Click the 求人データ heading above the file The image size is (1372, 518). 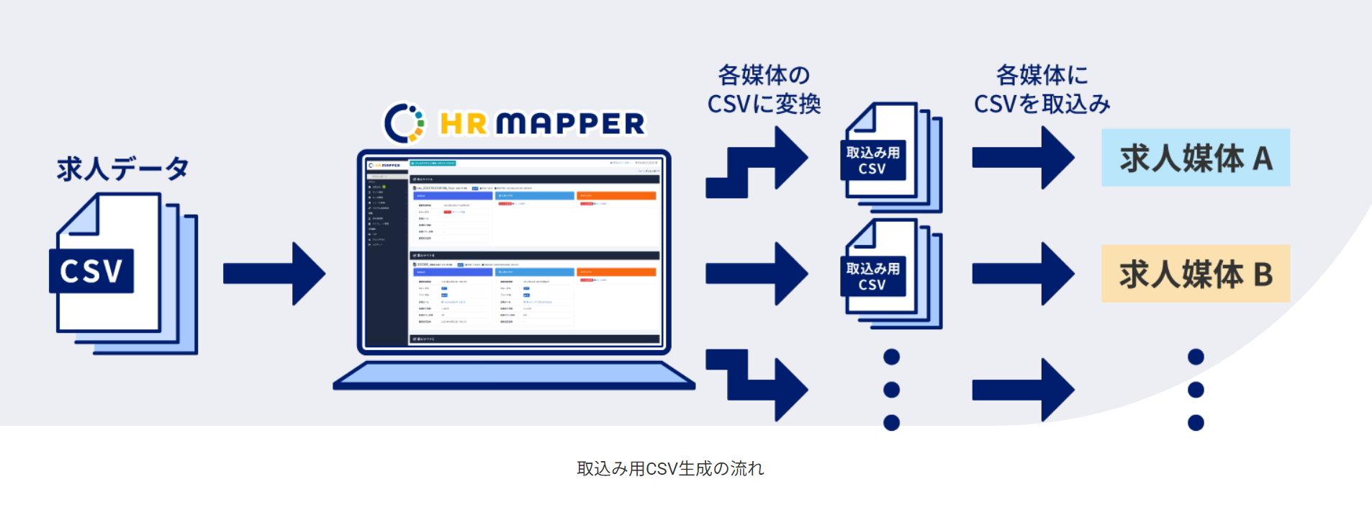click(122, 169)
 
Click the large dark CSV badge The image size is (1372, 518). click(91, 271)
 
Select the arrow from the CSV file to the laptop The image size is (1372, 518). click(274, 273)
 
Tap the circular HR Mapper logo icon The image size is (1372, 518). click(404, 122)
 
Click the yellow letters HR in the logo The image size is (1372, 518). click(464, 124)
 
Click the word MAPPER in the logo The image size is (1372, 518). click(570, 124)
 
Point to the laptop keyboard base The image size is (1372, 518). click(513, 375)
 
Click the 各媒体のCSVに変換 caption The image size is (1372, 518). click(764, 89)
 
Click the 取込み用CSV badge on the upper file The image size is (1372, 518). click(872, 160)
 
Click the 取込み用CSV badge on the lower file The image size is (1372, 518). click(872, 277)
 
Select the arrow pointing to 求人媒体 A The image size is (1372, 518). click(1022, 158)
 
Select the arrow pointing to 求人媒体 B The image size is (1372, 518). click(1022, 274)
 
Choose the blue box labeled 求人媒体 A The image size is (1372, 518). click(1195, 158)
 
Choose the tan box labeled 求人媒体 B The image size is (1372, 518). click(1195, 274)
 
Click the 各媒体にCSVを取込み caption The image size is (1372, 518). click(1042, 89)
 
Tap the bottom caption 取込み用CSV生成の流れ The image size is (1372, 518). click(670, 469)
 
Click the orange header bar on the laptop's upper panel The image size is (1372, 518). click(616, 195)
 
